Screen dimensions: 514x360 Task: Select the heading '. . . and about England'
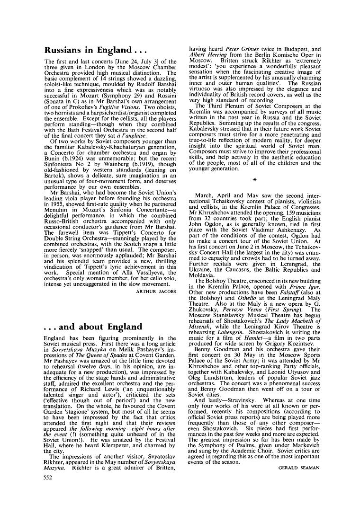pos(93,327)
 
